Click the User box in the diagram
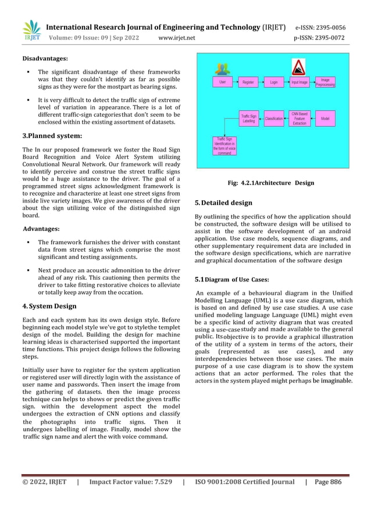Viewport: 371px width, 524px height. point(222,82)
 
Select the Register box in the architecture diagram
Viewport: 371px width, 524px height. point(248,82)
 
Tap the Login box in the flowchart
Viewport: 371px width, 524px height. point(273,82)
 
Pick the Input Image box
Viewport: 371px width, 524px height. point(299,82)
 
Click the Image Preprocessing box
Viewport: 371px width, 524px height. point(325,82)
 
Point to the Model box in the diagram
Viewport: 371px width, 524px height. point(325,118)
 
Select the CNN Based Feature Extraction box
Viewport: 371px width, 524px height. point(299,118)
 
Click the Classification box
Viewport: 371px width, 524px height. point(273,118)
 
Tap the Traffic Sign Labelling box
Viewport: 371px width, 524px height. point(248,118)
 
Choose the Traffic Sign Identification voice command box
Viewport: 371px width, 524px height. point(224,146)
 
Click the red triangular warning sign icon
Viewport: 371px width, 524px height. point(299,66)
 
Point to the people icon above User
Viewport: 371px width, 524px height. point(222,68)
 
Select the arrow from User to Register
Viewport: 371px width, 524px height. point(235,82)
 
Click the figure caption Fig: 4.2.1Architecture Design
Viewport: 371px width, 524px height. point(271,183)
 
